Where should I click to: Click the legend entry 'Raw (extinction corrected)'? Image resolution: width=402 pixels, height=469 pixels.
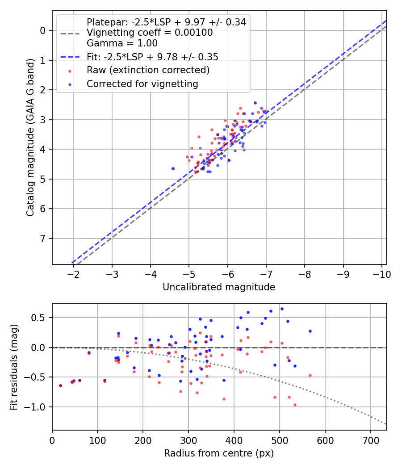point(148,70)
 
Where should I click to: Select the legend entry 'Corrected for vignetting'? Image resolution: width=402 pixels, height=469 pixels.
point(142,84)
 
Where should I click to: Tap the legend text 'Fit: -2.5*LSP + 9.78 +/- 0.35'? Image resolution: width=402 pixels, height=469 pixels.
point(152,57)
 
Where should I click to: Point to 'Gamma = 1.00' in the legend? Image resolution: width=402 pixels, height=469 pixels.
point(122,43)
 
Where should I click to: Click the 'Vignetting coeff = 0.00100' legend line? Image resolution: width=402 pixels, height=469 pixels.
point(150,33)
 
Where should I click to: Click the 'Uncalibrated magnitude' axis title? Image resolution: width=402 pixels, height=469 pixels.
point(219,287)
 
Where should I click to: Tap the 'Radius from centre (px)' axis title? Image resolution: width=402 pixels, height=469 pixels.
point(219,453)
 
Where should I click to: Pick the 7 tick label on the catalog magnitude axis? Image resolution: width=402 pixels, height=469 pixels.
point(43,239)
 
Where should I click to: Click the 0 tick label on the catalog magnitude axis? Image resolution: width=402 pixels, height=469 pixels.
point(43,30)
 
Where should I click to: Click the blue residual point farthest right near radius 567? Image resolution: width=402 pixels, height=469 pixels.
point(310,331)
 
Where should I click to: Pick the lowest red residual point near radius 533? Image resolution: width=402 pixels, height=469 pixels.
point(295,405)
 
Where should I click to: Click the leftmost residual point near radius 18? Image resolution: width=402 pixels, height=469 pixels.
point(60,385)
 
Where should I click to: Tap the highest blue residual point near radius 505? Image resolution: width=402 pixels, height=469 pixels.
point(282,309)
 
